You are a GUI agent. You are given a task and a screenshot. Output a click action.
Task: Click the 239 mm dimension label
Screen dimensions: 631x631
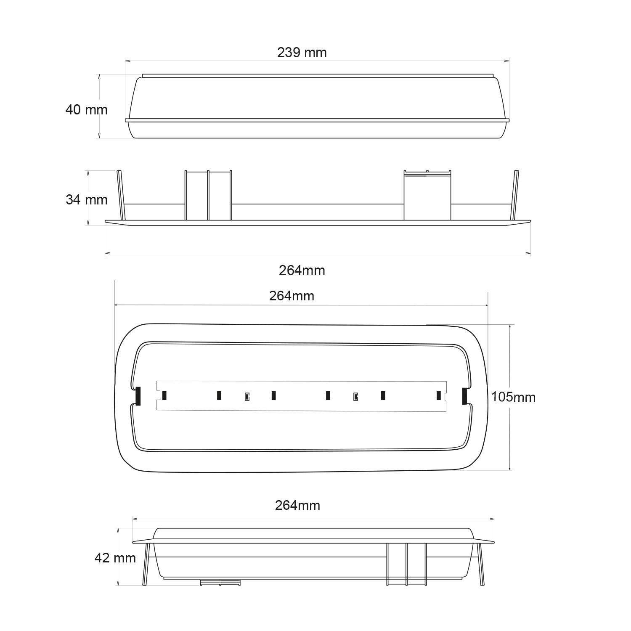(x=302, y=53)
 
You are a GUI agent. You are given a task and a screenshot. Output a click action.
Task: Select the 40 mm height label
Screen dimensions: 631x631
(x=86, y=110)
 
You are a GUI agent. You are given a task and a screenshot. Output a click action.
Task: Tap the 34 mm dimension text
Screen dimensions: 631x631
(x=86, y=199)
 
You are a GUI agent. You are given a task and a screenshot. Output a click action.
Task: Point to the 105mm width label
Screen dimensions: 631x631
(x=513, y=397)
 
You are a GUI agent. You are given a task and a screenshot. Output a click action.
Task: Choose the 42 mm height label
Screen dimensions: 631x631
(x=115, y=558)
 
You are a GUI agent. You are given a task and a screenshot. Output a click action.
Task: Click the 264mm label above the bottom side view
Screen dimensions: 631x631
(x=297, y=505)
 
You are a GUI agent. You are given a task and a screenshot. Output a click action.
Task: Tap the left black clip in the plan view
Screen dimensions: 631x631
(x=138, y=396)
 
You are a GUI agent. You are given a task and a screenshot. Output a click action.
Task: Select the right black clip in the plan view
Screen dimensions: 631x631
(x=464, y=396)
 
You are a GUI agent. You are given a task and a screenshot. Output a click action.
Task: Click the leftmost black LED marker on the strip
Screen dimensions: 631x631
(x=164, y=395)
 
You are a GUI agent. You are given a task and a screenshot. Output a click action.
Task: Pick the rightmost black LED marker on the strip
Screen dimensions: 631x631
(x=438, y=395)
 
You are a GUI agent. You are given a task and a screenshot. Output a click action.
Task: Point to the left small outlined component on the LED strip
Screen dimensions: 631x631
(x=247, y=397)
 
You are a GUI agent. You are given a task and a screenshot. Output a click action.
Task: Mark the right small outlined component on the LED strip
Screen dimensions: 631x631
(x=355, y=397)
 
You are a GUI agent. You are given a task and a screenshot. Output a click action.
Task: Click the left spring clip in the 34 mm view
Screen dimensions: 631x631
(x=120, y=195)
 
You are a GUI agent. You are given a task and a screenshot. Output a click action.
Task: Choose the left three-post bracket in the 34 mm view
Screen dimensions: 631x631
(x=208, y=196)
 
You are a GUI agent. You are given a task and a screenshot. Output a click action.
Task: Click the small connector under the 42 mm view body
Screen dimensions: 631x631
(x=220, y=582)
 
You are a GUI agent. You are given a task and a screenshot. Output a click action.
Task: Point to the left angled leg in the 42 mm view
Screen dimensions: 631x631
(x=146, y=564)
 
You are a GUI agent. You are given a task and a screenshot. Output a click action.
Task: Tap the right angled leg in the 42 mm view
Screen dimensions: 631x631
(x=480, y=564)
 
